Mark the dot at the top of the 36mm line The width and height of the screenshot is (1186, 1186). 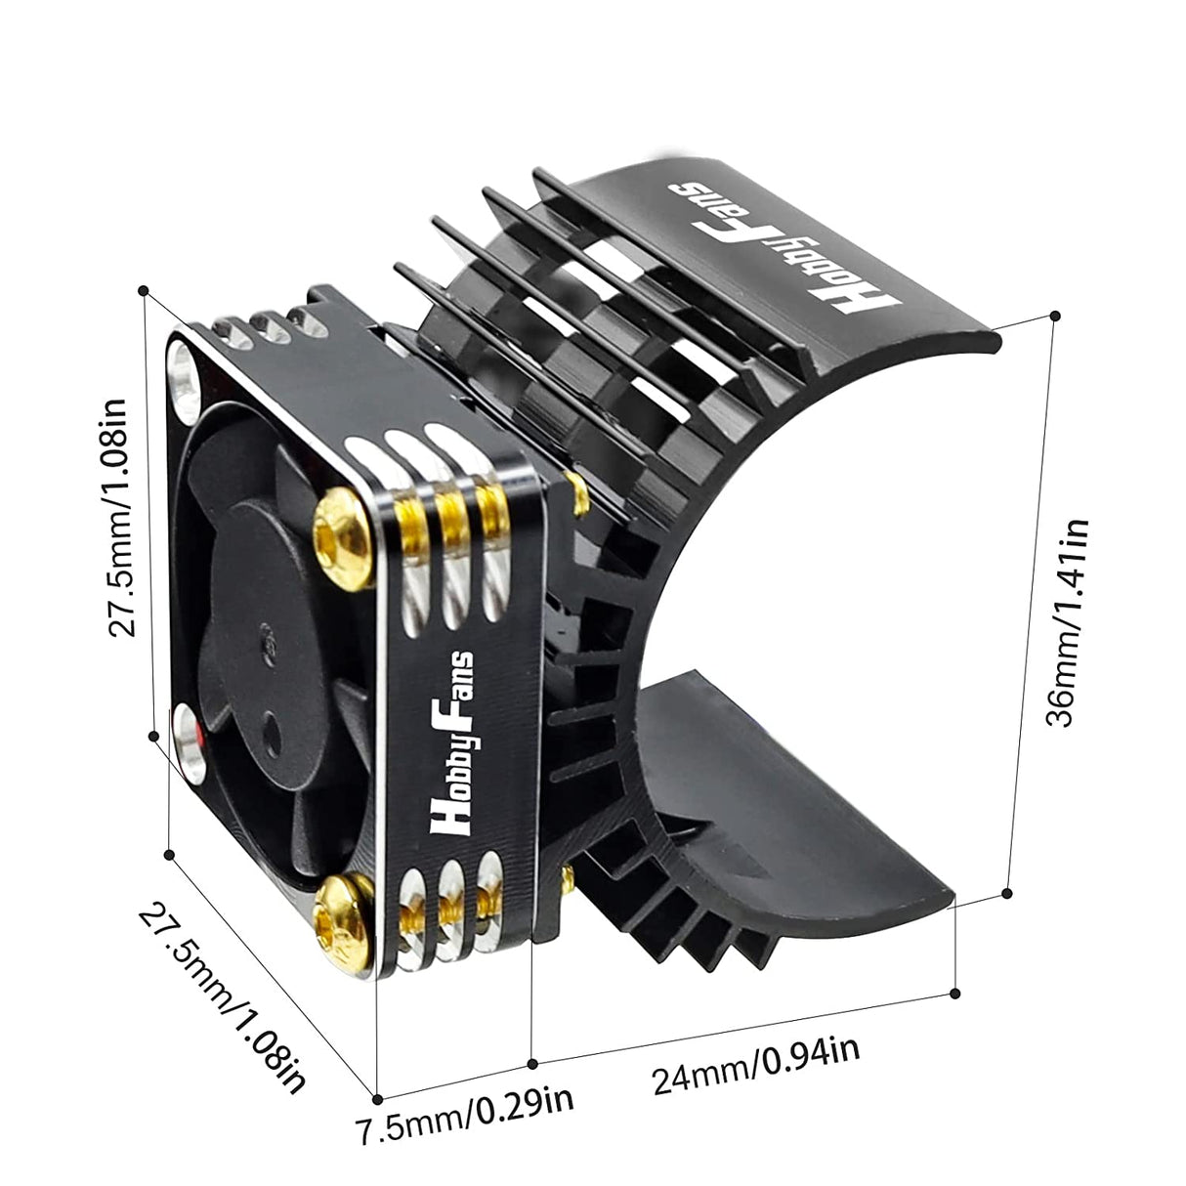1053,316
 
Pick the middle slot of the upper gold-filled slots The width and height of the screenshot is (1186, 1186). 449,518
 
